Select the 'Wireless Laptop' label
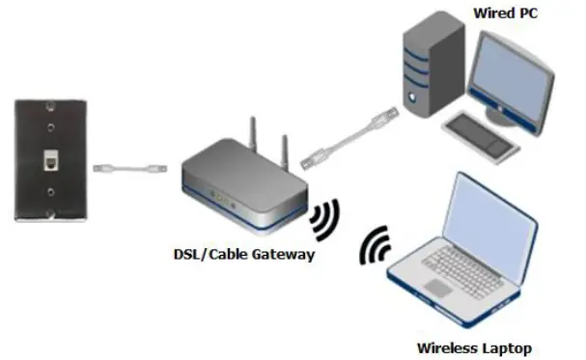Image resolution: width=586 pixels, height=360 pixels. (x=474, y=346)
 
